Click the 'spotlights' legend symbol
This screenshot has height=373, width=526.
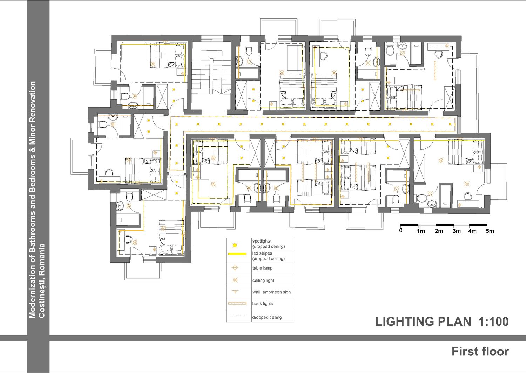235,245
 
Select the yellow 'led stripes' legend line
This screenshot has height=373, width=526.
237,254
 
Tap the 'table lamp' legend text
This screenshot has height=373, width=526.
262,268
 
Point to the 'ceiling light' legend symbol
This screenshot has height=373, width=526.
235,280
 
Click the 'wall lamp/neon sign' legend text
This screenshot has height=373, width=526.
271,292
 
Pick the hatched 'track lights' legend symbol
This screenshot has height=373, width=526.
237,303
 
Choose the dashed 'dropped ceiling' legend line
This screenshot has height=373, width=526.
239,316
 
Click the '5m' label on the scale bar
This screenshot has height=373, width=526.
490,231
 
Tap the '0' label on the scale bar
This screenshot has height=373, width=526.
400,230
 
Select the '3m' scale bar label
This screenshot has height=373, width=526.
457,231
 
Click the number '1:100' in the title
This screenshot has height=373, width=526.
493,321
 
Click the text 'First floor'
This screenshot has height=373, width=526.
480,352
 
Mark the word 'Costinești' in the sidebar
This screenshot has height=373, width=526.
42,298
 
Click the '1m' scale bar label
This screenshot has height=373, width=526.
421,231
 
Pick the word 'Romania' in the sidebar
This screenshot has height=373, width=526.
42,259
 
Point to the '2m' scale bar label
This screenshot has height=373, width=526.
439,231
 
